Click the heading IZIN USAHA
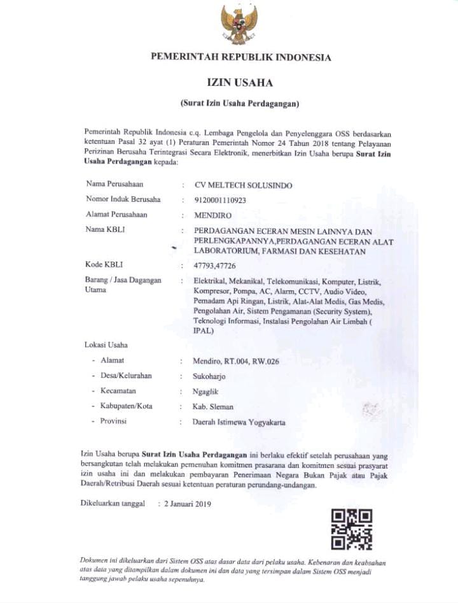(x=239, y=83)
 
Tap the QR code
(x=352, y=529)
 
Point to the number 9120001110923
(x=220, y=199)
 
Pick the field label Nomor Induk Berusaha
(x=123, y=199)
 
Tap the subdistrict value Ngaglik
(x=206, y=391)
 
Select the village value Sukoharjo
(x=209, y=376)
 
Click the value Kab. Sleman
(x=213, y=406)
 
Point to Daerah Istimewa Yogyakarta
(x=239, y=422)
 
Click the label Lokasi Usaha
(x=106, y=345)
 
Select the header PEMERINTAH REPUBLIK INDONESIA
(x=240, y=57)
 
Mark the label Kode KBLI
(x=104, y=264)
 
